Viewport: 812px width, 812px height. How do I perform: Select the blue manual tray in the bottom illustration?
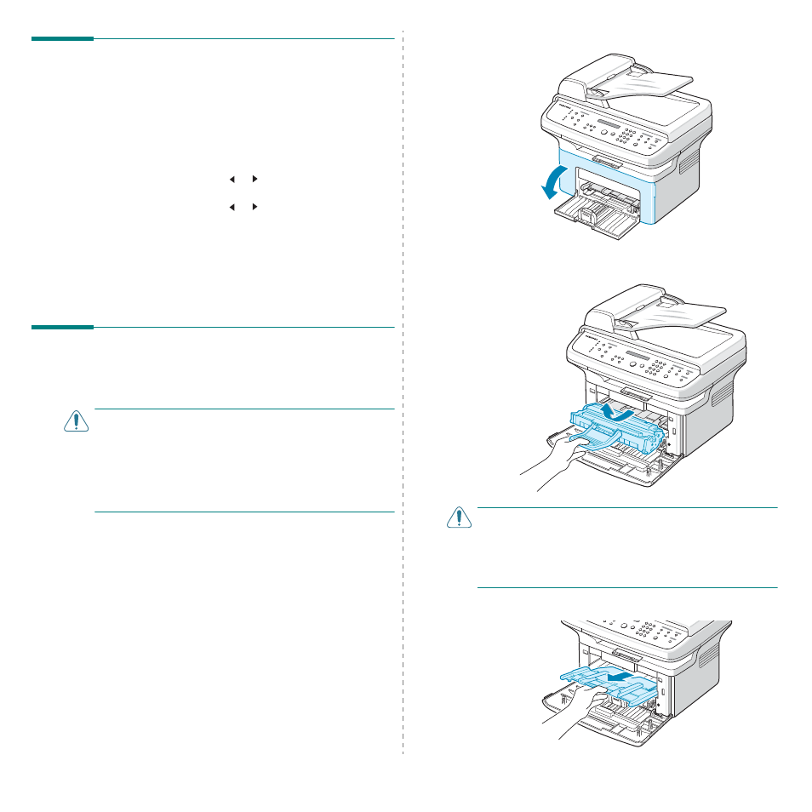[x=609, y=681]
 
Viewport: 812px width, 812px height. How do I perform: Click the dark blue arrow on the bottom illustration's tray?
[x=619, y=676]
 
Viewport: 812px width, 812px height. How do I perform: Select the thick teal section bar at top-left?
[x=62, y=38]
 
